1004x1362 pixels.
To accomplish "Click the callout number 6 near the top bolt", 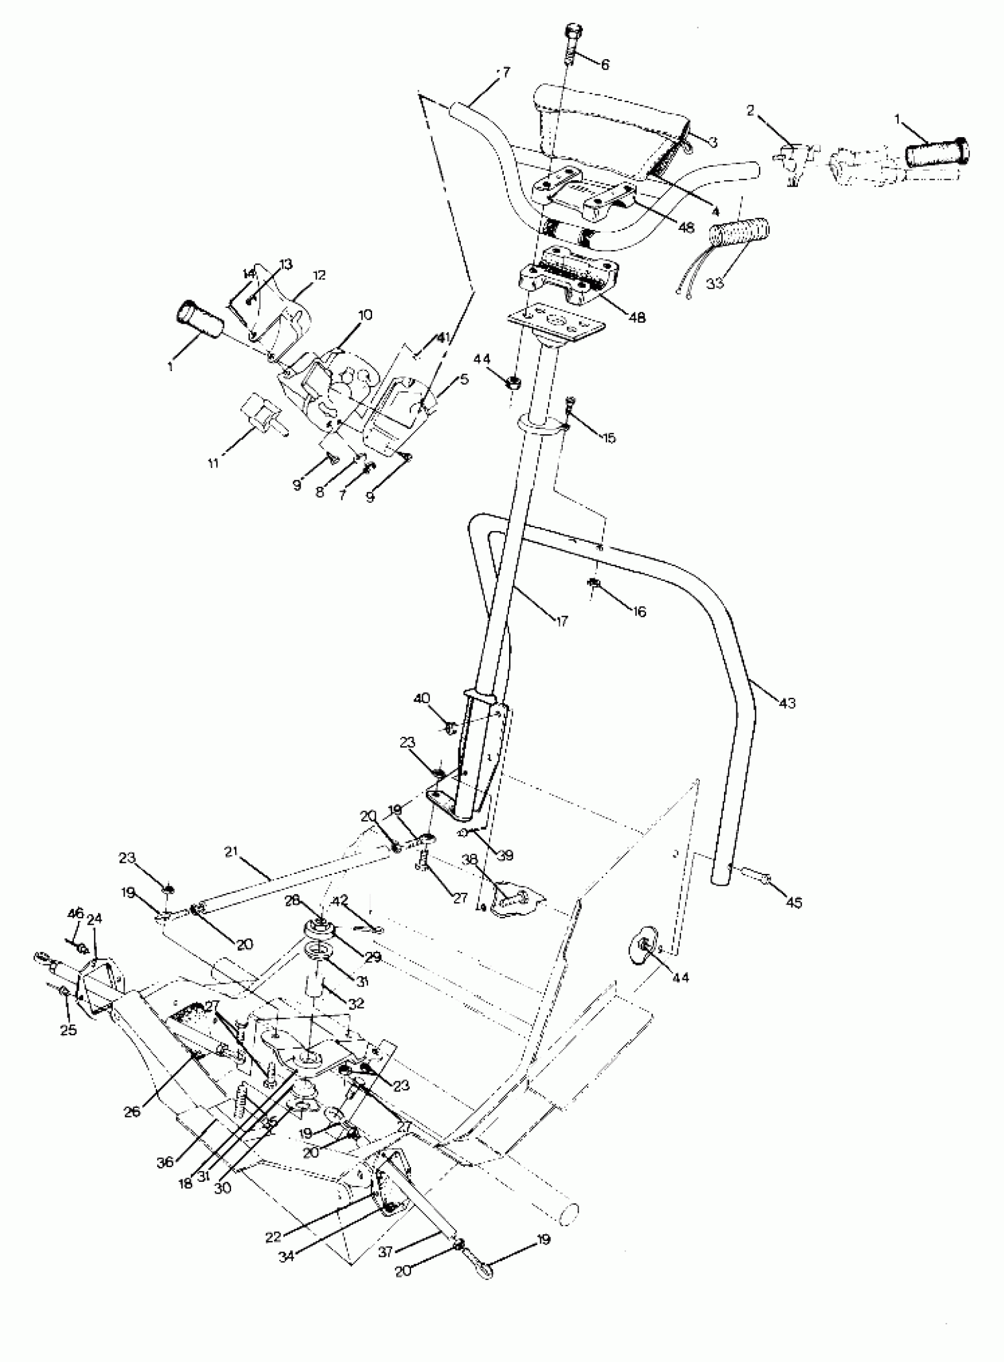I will pyautogui.click(x=604, y=64).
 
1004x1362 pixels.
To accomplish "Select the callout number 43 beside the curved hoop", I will pyautogui.click(x=787, y=704).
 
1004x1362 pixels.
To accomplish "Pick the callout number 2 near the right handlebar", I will pyautogui.click(x=751, y=110).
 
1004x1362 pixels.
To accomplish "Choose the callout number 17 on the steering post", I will pyautogui.click(x=562, y=622).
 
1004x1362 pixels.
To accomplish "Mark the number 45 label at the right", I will pyautogui.click(x=794, y=903).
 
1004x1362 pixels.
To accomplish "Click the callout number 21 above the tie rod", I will pyautogui.click(x=230, y=852).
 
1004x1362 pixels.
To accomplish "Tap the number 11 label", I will pyautogui.click(x=213, y=464).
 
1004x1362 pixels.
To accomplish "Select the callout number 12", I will pyautogui.click(x=318, y=275).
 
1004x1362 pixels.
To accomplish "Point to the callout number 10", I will pyautogui.click(x=365, y=315).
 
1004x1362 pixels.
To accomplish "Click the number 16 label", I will pyautogui.click(x=639, y=612).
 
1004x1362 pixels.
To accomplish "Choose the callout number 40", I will pyautogui.click(x=422, y=698).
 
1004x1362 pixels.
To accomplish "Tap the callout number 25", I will pyautogui.click(x=69, y=1030).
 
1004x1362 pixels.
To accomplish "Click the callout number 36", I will pyautogui.click(x=165, y=1162).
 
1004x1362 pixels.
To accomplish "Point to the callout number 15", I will pyautogui.click(x=608, y=438).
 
